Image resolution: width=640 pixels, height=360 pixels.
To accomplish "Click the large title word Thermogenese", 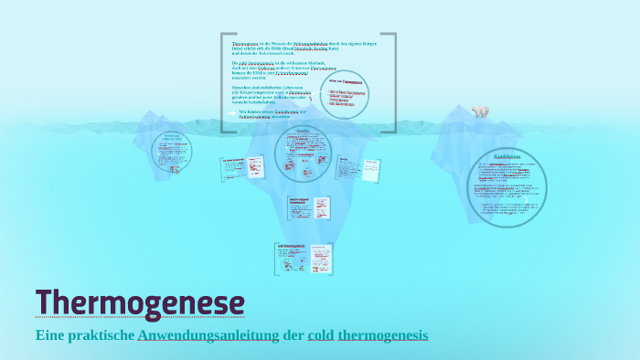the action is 140,302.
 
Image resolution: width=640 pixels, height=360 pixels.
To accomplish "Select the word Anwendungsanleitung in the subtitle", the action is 208,335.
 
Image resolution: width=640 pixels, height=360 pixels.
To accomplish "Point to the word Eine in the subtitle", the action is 50,335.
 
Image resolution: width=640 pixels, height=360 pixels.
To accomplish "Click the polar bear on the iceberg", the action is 480,111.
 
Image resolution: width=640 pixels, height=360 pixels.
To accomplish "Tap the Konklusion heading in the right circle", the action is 507,156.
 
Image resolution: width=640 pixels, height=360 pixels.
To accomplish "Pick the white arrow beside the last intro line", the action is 230,112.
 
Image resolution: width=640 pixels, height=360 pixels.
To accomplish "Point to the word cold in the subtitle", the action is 322,335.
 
